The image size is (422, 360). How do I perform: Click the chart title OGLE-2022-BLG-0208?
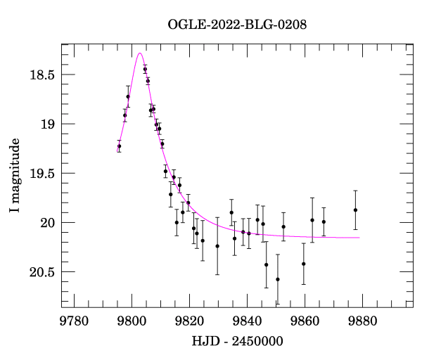pos(237,25)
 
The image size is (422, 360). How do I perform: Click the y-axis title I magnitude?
pos(15,176)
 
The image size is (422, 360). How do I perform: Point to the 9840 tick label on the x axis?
pos(247,321)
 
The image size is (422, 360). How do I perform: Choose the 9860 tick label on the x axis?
pos(305,321)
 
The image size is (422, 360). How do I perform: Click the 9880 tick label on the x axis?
pos(362,321)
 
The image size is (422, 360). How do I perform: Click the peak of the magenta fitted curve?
pos(141,53)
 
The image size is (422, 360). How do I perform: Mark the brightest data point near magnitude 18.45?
pos(145,69)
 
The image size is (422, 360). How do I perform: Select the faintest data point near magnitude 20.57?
pos(278,279)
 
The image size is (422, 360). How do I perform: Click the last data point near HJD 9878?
pos(356,210)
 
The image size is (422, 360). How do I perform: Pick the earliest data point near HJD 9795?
pos(119,146)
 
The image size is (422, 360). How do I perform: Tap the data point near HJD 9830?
pos(217,246)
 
